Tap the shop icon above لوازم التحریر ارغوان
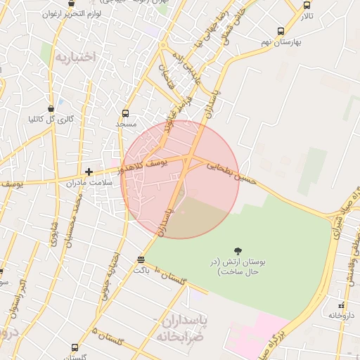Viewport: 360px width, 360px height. [71, 3]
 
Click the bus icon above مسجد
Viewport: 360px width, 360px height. [125, 113]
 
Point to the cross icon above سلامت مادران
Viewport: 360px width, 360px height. [89, 172]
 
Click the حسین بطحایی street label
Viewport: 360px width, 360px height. [229, 169]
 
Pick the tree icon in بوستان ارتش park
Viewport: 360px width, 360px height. [238, 251]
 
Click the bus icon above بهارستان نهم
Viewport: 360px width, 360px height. [281, 32]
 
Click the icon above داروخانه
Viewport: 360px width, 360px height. [342, 305]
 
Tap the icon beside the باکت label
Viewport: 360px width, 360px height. [141, 259]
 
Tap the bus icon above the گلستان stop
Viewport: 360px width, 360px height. [75, 347]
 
